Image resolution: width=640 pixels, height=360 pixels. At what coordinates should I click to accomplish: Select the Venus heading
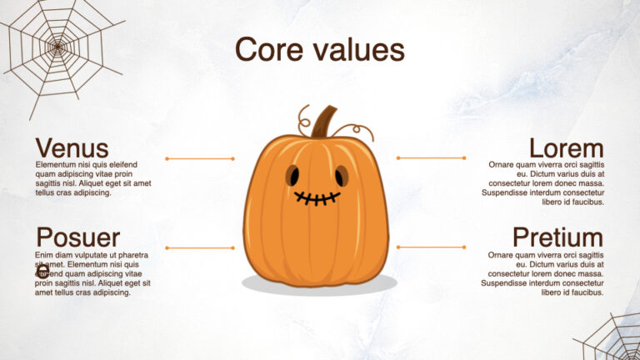pos(72,148)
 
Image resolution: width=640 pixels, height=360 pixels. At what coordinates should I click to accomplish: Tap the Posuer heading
pos(77,237)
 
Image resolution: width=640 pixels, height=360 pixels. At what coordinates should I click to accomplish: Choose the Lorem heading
pos(566,148)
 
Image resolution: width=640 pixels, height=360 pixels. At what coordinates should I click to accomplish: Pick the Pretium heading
pos(557,237)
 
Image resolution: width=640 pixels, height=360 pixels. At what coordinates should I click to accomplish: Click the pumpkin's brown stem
pos(324,122)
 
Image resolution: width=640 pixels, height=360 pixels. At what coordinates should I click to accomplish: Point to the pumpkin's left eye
pos(292,175)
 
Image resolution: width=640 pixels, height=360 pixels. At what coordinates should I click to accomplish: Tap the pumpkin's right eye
pos(342,175)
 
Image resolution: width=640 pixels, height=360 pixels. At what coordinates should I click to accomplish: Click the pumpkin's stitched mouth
pos(317,198)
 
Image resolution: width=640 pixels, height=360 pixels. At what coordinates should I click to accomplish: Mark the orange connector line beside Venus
pos(200,158)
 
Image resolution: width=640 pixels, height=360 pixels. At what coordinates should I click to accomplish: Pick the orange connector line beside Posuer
pos(200,247)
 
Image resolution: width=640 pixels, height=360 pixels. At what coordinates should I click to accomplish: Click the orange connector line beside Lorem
pos(431,157)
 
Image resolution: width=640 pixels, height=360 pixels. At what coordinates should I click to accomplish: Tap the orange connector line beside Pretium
pos(431,247)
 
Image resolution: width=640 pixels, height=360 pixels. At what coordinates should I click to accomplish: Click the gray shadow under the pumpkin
pos(319,285)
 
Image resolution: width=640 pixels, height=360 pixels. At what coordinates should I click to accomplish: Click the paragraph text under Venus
pos(92,178)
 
